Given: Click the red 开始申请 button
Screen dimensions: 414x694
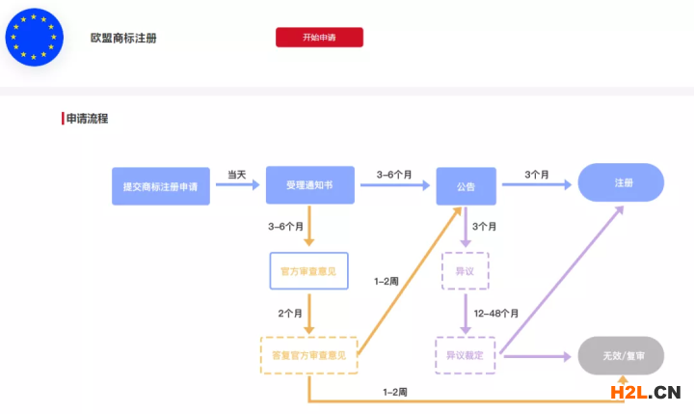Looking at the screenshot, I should click(319, 38).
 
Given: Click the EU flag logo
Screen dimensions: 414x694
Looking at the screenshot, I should click(34, 36).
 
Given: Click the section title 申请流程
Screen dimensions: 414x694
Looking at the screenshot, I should click(87, 119).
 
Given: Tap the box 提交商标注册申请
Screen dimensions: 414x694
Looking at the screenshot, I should click(160, 185).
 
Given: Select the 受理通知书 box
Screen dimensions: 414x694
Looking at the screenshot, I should click(309, 184).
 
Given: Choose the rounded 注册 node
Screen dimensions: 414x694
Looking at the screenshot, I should click(622, 182).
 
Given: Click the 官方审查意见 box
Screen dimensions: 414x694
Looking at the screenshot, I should click(307, 270).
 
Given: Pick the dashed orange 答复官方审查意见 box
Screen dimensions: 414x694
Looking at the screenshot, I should click(308, 355).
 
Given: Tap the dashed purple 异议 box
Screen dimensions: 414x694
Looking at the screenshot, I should click(465, 271).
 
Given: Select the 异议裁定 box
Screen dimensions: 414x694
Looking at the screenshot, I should click(465, 355).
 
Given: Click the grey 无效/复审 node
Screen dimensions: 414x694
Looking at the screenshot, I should click(621, 355).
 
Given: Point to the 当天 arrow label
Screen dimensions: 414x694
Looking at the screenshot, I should click(236, 175).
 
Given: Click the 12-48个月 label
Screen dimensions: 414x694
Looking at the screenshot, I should click(497, 314).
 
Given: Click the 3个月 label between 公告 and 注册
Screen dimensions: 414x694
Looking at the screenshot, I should click(537, 175).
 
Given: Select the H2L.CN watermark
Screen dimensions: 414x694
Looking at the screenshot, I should click(645, 392).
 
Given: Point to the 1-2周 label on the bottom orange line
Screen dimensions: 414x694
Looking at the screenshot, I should click(395, 392).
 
